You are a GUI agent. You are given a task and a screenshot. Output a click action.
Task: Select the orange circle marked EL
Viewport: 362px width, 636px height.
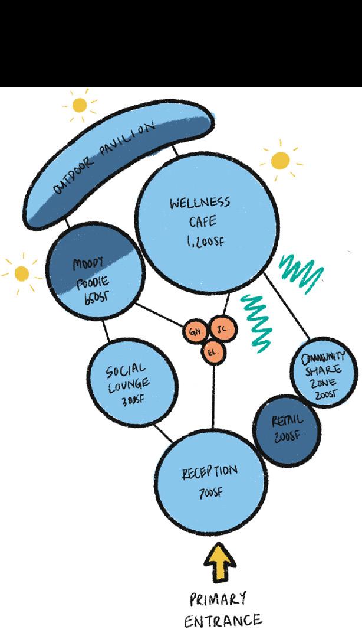click(x=212, y=353)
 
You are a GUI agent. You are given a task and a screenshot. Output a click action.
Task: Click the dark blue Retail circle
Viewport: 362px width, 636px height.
click(x=287, y=429)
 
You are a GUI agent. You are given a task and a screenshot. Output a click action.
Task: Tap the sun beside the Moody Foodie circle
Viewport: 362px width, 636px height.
click(x=22, y=273)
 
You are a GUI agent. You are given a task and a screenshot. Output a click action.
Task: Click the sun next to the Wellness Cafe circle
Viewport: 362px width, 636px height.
click(x=281, y=160)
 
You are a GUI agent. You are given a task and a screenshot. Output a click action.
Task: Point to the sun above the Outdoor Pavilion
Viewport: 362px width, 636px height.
click(x=78, y=106)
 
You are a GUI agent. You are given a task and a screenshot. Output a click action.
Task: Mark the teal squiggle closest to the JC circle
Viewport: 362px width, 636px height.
click(x=257, y=319)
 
